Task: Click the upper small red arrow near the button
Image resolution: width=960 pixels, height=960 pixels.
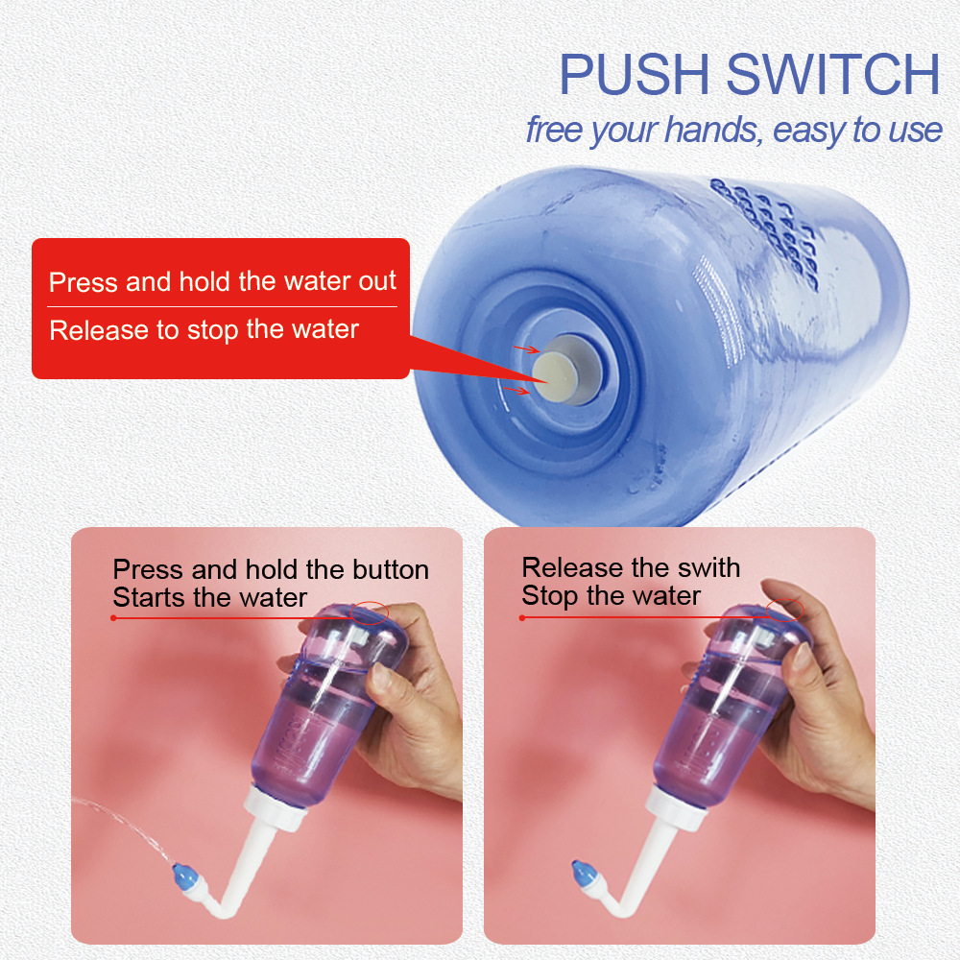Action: pyautogui.click(x=523, y=349)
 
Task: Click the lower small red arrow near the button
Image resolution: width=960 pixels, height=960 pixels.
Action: pyautogui.click(x=515, y=390)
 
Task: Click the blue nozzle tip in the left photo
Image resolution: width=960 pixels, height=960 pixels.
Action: pyautogui.click(x=180, y=876)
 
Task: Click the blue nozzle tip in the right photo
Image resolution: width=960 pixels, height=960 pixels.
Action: pyautogui.click(x=583, y=873)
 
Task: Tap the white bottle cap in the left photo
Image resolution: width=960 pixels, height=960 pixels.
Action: pyautogui.click(x=278, y=811)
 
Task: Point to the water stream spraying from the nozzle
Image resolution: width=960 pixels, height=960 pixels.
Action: pyautogui.click(x=125, y=821)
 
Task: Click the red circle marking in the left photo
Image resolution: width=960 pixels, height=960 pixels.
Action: pyautogui.click(x=370, y=612)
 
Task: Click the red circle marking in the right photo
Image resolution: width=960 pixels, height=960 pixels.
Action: pyautogui.click(x=784, y=607)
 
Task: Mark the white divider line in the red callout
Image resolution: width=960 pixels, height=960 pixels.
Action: pyautogui.click(x=223, y=307)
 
